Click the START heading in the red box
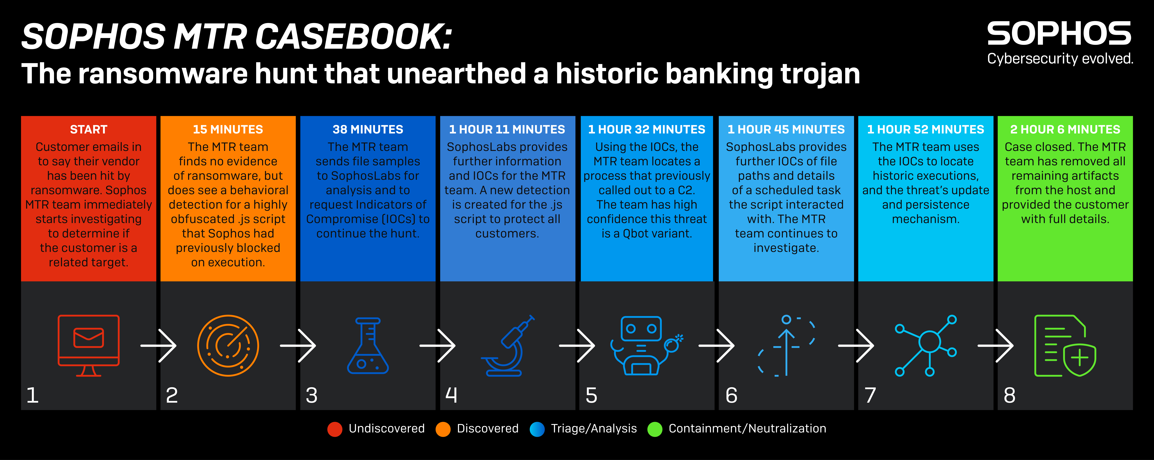coord(89,129)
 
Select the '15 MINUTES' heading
coord(228,129)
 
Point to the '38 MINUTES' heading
coord(368,129)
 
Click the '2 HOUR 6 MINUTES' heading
coord(1065,129)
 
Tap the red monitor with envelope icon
coord(89,345)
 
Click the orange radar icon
coord(228,345)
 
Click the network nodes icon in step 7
coord(926,345)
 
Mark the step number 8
coord(1010,395)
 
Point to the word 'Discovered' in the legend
coord(487,429)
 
